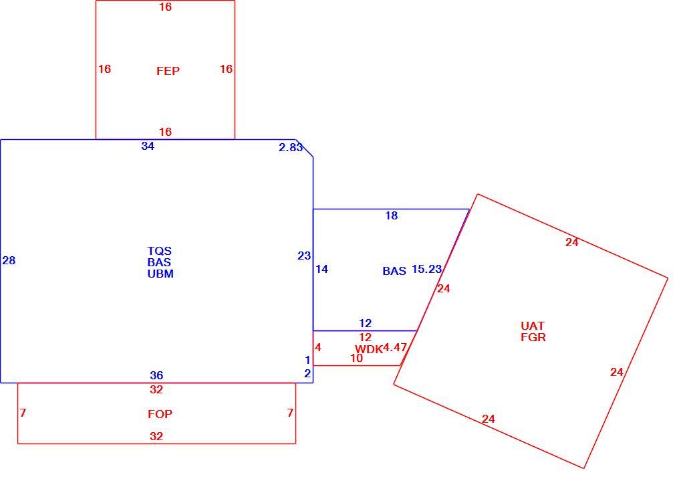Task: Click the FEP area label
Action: (168, 71)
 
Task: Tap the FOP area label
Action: (160, 414)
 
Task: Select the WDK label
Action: (369, 349)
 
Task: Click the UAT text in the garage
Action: (533, 326)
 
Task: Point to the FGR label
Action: (533, 337)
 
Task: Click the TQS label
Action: (159, 251)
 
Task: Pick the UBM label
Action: (160, 274)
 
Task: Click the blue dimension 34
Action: (148, 146)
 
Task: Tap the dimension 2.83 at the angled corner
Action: (291, 147)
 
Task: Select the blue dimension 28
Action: (9, 260)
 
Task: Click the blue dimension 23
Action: (304, 256)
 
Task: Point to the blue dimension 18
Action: (392, 215)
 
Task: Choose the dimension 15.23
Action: (426, 270)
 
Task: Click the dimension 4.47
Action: (395, 347)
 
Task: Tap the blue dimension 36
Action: (156, 375)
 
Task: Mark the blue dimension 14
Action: (321, 270)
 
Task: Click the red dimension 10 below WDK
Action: (356, 358)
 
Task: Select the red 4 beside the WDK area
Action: (317, 347)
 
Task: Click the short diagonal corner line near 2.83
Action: (304, 149)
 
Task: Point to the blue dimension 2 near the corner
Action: (307, 373)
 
